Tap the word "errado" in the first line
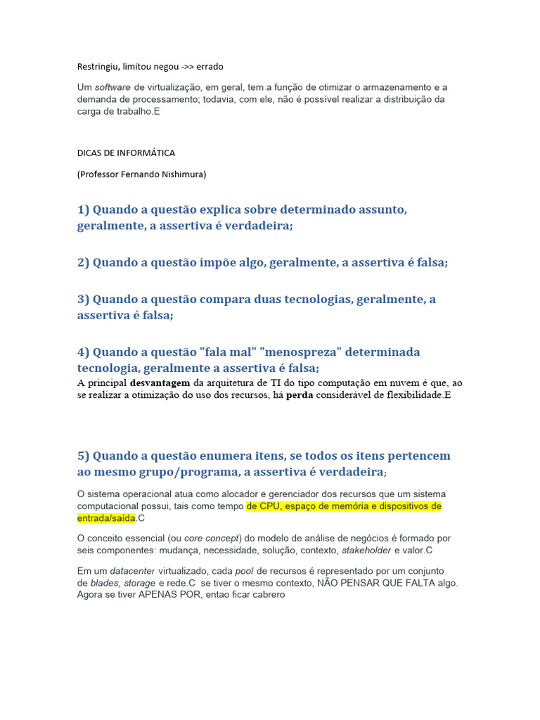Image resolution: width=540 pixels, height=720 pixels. [x=209, y=67]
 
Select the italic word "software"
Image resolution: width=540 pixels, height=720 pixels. [x=112, y=87]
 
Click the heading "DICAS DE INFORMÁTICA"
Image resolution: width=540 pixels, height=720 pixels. [x=126, y=153]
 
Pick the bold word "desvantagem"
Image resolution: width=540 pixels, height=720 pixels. [x=160, y=383]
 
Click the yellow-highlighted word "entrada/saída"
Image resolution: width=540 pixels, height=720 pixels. [x=105, y=518]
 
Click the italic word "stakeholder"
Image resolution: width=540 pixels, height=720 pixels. [x=366, y=550]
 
